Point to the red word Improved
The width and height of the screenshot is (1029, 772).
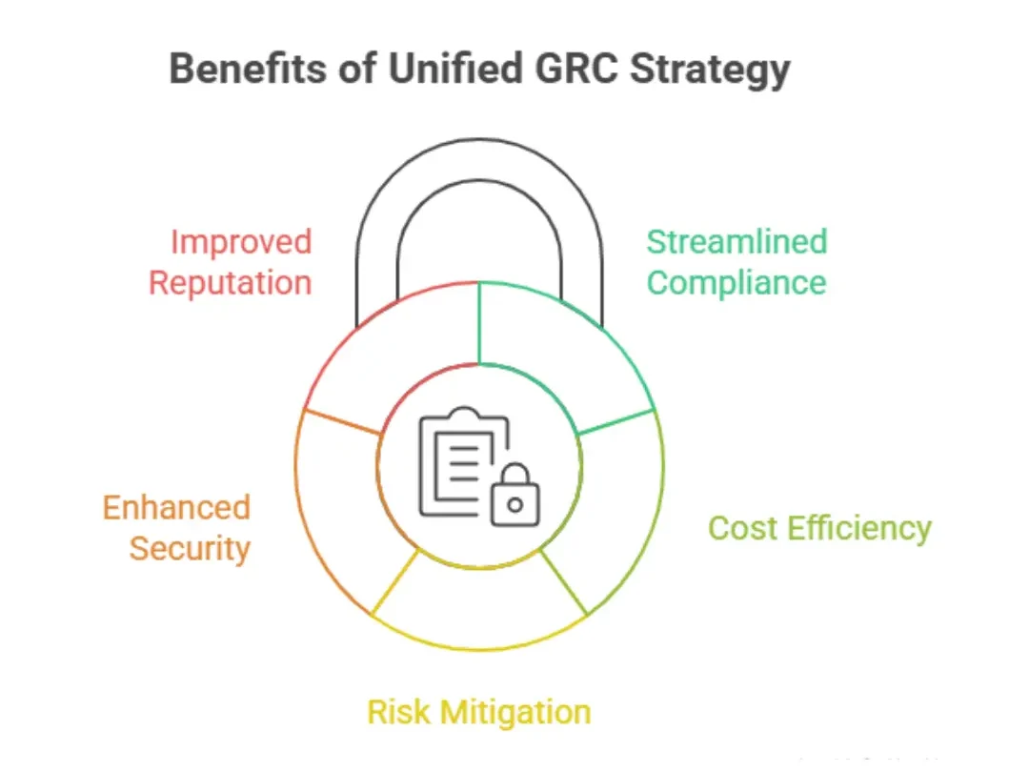(x=241, y=242)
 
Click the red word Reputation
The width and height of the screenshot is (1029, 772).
(x=231, y=283)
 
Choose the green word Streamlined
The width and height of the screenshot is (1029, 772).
(x=736, y=242)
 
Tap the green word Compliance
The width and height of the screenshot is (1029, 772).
(x=736, y=284)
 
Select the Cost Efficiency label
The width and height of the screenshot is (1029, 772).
(x=819, y=528)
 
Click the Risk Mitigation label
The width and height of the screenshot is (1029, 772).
(x=478, y=712)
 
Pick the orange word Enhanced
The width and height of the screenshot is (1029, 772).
(x=176, y=507)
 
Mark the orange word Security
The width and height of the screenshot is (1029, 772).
(x=190, y=549)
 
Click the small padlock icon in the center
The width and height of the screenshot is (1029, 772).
(x=514, y=498)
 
